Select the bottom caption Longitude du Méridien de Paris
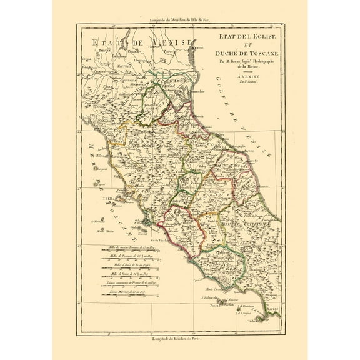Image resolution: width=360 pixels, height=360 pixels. click(179, 338)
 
